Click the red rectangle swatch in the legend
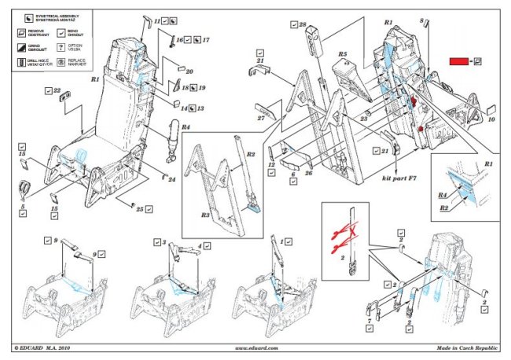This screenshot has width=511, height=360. click(458, 61)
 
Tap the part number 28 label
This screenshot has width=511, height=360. click(303, 26)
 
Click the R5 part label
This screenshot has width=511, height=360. click(343, 54)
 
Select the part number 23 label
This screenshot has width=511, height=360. click(364, 119)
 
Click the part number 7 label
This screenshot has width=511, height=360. click(368, 321)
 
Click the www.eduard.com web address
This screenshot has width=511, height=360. click(256, 347)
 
